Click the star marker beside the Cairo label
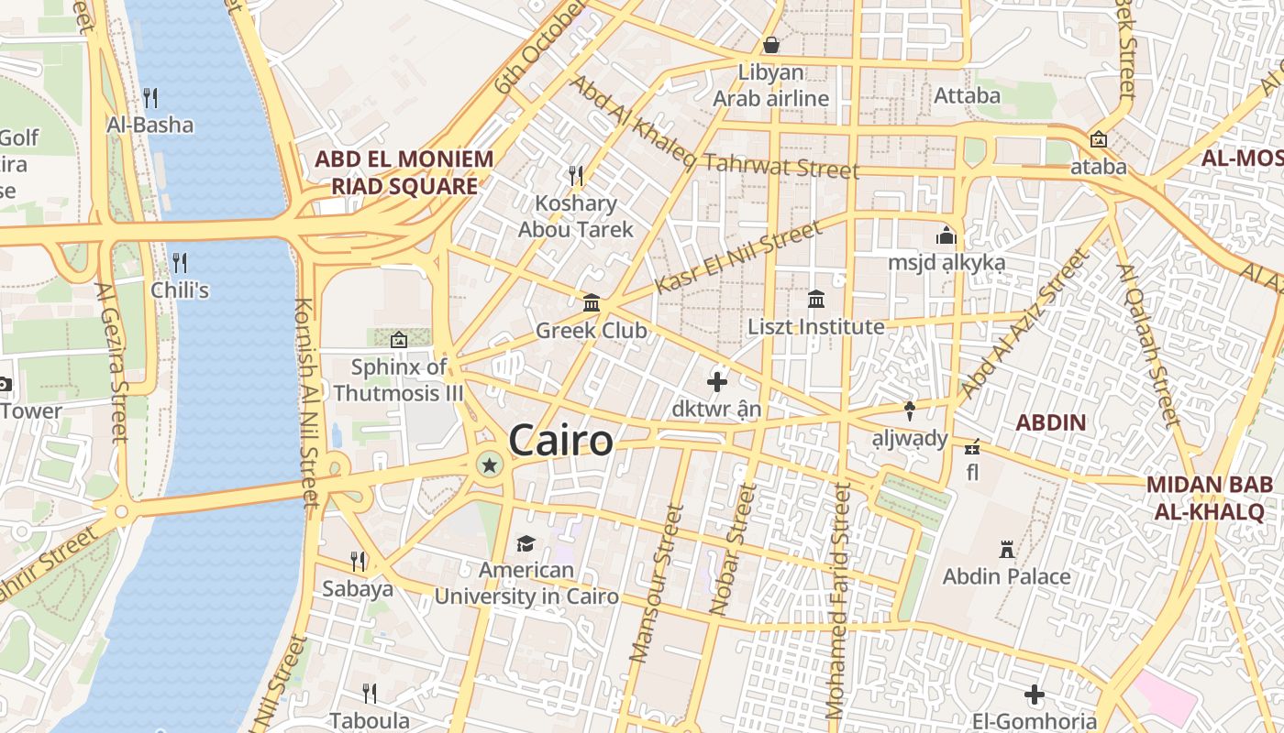[x=490, y=465]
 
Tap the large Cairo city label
[x=560, y=441]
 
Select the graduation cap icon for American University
[x=526, y=544]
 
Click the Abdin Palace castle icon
[x=1007, y=550]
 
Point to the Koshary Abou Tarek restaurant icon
[x=576, y=175]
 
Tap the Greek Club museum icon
[x=592, y=302]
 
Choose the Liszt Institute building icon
[x=816, y=299]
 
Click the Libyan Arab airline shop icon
[x=771, y=45]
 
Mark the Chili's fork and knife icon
[x=180, y=263]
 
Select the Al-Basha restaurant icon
[x=150, y=97]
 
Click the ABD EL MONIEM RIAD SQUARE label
[x=404, y=172]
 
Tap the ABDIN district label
[x=1051, y=423]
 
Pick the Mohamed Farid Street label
[x=838, y=600]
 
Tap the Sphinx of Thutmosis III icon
[x=398, y=340]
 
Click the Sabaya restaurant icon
[x=358, y=561]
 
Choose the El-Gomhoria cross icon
[x=1035, y=695]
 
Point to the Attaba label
[x=967, y=95]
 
